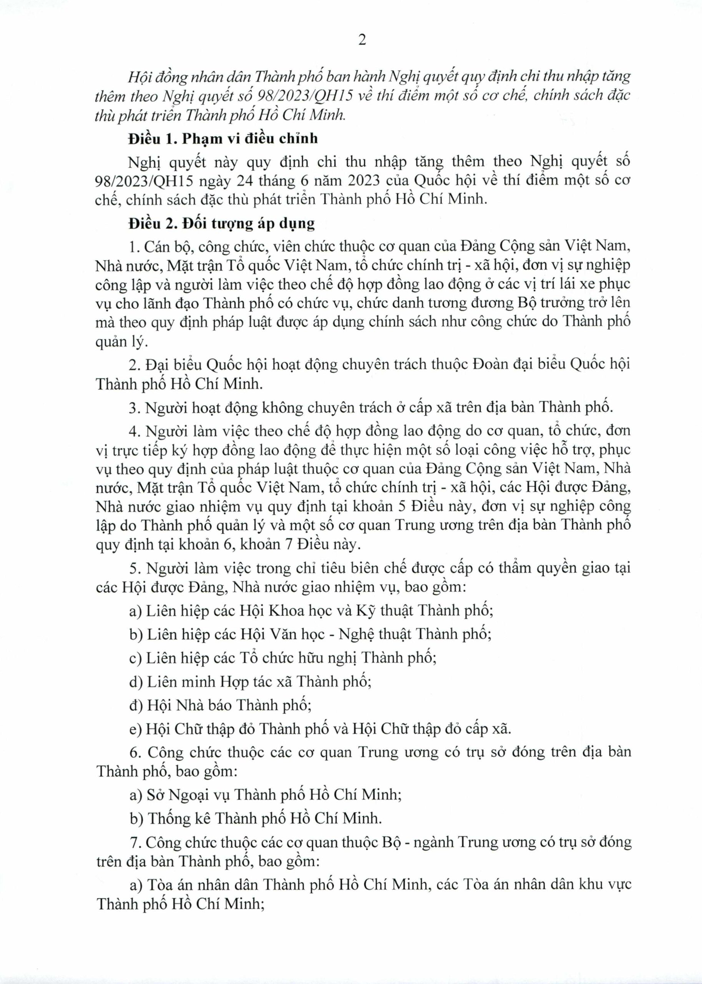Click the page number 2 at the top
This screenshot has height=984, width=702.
point(362,40)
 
